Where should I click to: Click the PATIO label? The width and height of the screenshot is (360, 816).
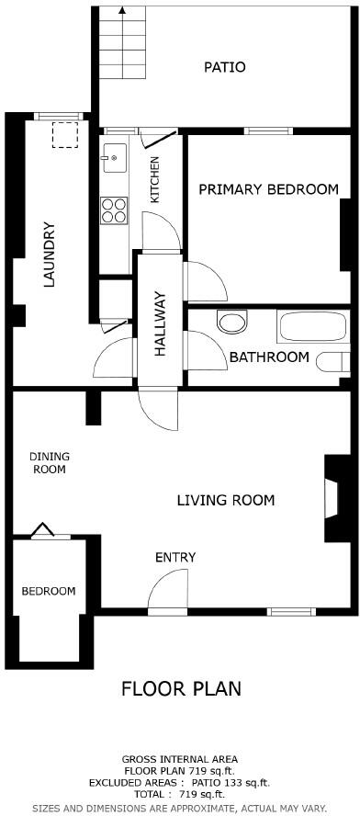pos(224,67)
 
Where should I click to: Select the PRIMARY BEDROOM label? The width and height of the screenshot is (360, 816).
pos(268,189)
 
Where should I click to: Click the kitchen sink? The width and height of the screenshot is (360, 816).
pos(115,157)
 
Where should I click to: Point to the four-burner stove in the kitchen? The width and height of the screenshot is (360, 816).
pos(114,210)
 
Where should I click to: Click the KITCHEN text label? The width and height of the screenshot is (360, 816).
pos(155,179)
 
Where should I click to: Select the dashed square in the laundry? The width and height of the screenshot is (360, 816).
pos(64,136)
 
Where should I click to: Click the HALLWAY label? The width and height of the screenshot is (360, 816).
pos(160,323)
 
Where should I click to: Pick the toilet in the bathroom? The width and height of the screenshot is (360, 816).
pos(232,322)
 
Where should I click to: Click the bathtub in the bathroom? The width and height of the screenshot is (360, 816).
pos(312,326)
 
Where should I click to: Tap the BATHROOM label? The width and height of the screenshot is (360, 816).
pos(268,357)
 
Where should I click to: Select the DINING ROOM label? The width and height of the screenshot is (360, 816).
pos(49,462)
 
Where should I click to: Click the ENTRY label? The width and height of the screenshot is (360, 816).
pos(174,557)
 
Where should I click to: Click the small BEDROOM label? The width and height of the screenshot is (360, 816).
pos(49,591)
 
